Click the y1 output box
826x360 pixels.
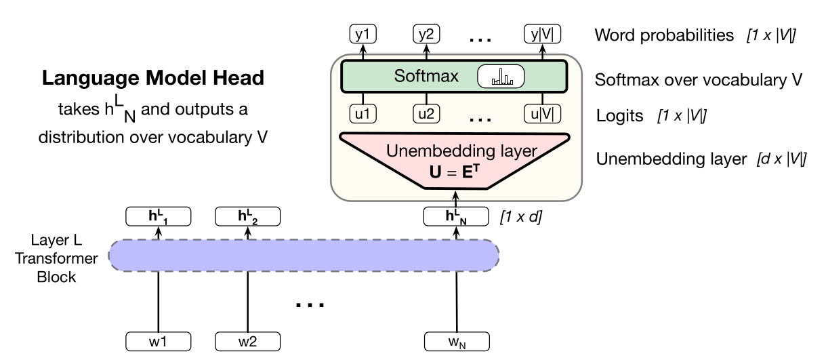pos(363,34)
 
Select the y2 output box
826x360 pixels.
pos(426,34)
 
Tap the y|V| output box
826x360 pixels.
pos(542,34)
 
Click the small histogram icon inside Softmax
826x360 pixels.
pos(502,77)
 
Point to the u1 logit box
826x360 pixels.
pos(363,114)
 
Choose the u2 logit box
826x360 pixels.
pos(426,114)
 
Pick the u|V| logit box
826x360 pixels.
pos(542,114)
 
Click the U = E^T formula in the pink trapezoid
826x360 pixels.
pos(455,172)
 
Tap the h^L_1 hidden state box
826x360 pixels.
pos(158,216)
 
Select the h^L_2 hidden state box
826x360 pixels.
pos(247,216)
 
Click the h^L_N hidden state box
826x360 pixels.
pos(456,216)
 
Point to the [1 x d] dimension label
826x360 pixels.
pos(521,216)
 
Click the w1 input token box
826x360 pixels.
pos(158,342)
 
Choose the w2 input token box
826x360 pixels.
pos(247,342)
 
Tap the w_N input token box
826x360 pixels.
pos(457,342)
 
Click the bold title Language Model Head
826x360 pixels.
pos(153,78)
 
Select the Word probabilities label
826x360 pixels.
pos(664,35)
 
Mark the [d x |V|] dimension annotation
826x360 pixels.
pos(781,159)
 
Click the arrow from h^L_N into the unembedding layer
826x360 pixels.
pos(456,199)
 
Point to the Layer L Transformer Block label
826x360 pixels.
pos(56,258)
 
